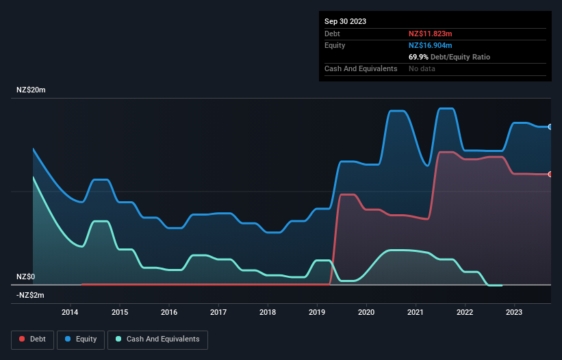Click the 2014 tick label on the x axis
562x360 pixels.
click(70, 313)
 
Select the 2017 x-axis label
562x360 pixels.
click(218, 313)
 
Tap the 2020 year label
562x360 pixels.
click(366, 313)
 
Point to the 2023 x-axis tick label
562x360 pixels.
click(514, 313)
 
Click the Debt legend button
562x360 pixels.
click(32, 339)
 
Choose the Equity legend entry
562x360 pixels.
click(81, 339)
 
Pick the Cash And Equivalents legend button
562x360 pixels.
click(157, 339)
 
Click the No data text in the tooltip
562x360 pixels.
click(422, 68)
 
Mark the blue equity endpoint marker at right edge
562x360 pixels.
click(550, 127)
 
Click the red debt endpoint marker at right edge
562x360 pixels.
click(550, 175)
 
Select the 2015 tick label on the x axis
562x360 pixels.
click(119, 313)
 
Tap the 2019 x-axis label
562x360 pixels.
click(317, 313)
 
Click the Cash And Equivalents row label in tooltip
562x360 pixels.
click(361, 68)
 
